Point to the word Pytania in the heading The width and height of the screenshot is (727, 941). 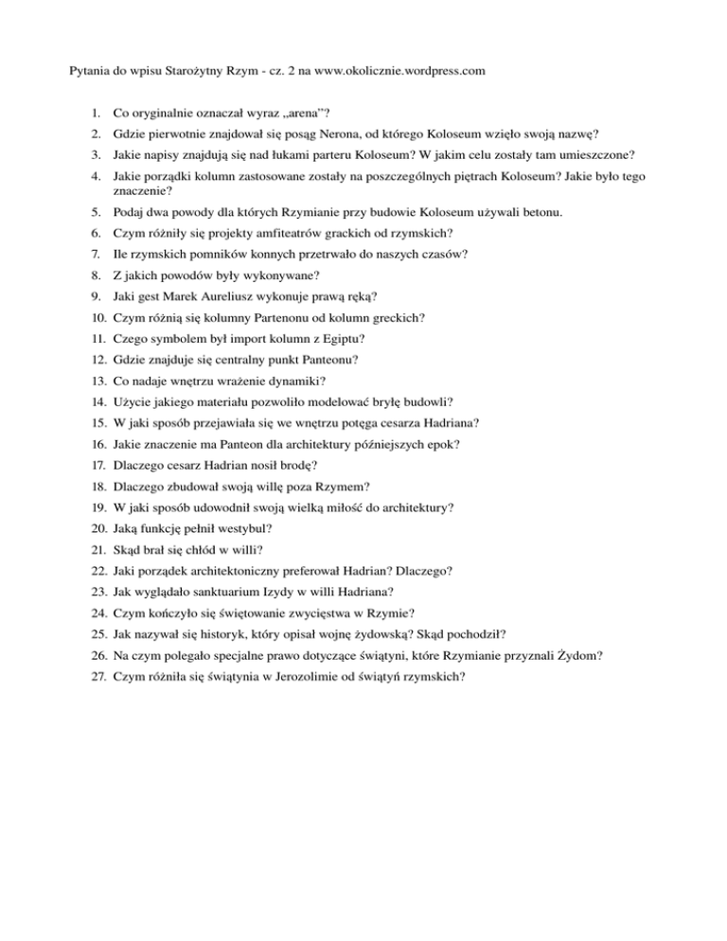(94, 70)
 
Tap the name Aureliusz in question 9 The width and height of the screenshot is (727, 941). (239, 295)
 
